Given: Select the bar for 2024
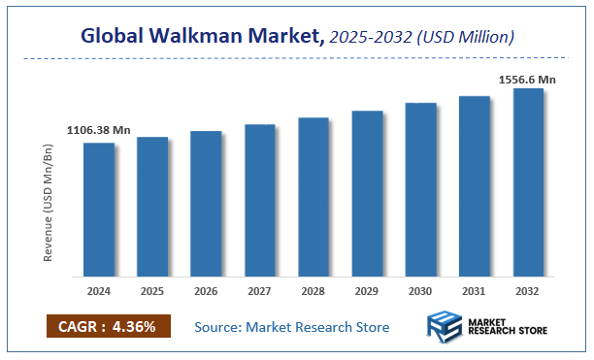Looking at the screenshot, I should pyautogui.click(x=98, y=210).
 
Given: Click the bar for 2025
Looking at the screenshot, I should pyautogui.click(x=152, y=207).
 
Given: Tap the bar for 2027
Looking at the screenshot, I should pyautogui.click(x=260, y=200).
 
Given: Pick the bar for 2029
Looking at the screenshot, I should pyautogui.click(x=367, y=193).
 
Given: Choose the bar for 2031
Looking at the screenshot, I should pyautogui.click(x=475, y=186).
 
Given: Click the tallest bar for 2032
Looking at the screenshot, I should pyautogui.click(x=528, y=182).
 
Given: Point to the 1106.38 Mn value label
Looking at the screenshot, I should pyautogui.click(x=98, y=130).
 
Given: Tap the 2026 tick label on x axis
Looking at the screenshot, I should pyautogui.click(x=206, y=290).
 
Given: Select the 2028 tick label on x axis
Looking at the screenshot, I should pyautogui.click(x=313, y=290).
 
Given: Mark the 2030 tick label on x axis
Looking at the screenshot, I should pyautogui.click(x=420, y=290).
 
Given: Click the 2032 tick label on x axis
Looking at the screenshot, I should pyautogui.click(x=528, y=290).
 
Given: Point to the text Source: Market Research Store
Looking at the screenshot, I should pyautogui.click(x=292, y=327).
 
